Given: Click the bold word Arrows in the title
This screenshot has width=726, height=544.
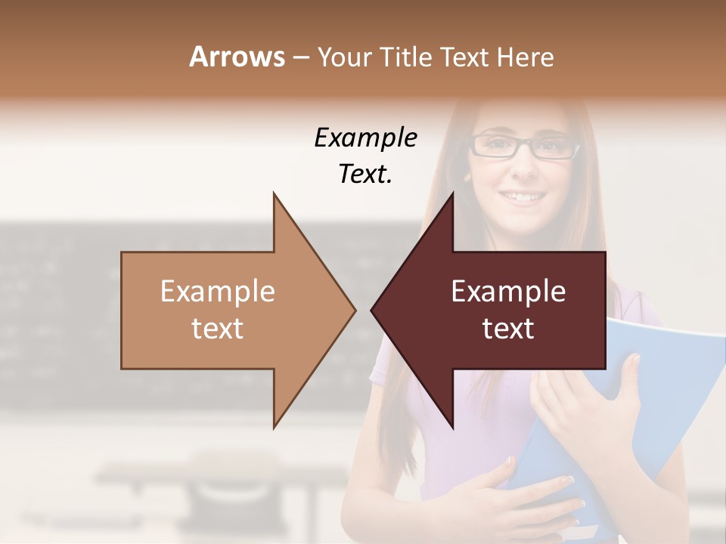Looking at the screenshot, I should coord(237,57).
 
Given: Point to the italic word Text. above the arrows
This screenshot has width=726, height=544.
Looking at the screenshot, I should coord(365,175).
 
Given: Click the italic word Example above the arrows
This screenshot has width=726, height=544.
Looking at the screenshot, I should coord(365,138).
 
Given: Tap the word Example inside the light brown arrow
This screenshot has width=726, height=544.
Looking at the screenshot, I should coord(218,292).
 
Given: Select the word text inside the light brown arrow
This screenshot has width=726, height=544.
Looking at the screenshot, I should coord(218,329).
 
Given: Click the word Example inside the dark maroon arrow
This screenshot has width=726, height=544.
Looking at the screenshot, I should coord(508,292).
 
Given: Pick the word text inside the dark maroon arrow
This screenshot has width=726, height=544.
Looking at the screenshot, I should coord(508,329).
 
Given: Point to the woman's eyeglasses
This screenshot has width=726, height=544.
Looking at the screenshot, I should coord(523,145).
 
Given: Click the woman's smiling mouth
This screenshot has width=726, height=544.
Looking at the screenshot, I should coord(523,197).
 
